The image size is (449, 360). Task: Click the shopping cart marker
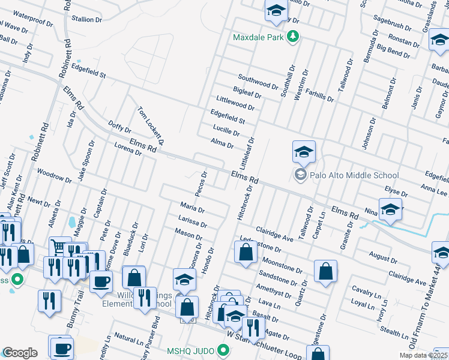[59, 247]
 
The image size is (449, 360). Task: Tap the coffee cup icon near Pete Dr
[101, 280]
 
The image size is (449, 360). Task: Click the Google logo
[20, 353]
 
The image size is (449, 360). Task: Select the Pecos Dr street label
[201, 184]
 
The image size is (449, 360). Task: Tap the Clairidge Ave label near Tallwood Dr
[274, 235]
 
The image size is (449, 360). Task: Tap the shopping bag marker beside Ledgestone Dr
[246, 252]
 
